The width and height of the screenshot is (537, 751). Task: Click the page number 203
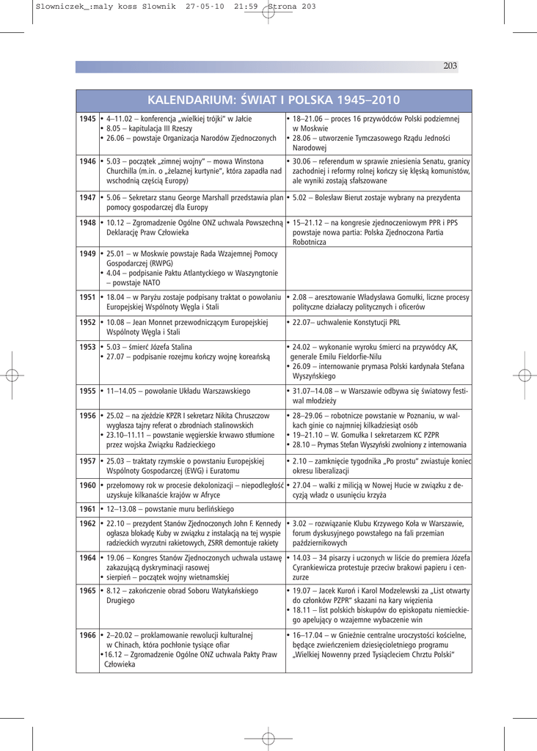(450, 66)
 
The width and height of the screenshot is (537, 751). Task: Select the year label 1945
(88, 118)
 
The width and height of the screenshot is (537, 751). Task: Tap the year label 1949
(88, 254)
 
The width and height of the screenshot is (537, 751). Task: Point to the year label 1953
(88, 346)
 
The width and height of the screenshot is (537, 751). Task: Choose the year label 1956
(88, 415)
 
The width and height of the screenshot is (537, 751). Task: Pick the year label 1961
(88, 508)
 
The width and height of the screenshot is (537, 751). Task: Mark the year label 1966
(88, 635)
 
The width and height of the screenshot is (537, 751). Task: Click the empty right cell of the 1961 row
(378, 508)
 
